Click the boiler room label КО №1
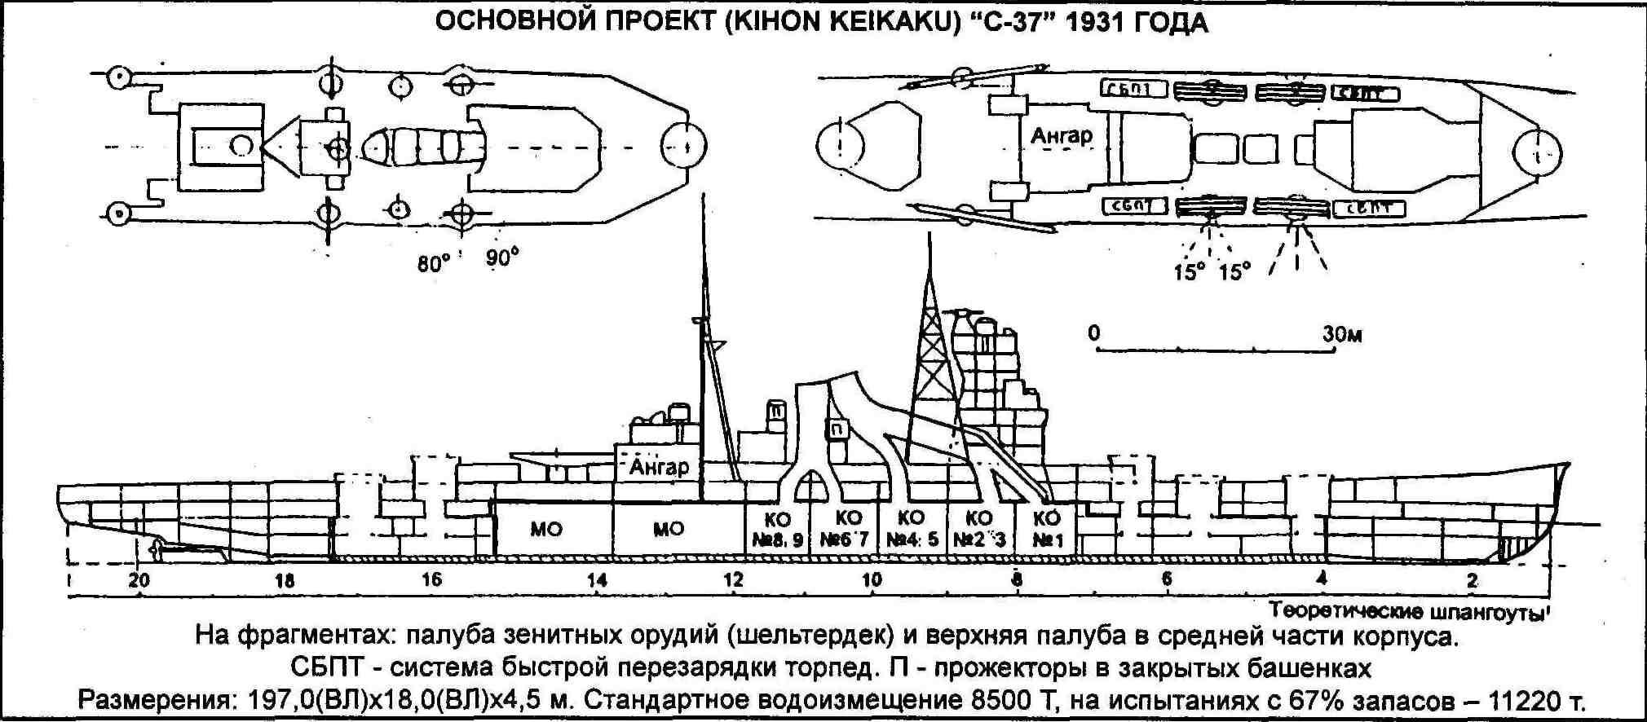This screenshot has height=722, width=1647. (x=1047, y=529)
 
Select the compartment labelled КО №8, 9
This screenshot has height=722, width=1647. (x=778, y=529)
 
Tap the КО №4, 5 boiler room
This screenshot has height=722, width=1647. (x=910, y=529)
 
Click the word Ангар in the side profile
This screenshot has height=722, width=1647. (x=659, y=467)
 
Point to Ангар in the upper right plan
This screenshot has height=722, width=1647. (x=1061, y=135)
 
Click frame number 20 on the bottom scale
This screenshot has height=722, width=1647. (x=139, y=580)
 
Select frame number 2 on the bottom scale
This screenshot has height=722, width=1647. (x=1472, y=580)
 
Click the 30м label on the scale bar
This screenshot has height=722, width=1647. (x=1341, y=334)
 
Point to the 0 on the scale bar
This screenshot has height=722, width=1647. (x=1093, y=333)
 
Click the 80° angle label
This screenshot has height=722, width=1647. (x=433, y=263)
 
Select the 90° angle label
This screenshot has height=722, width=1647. (x=501, y=258)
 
